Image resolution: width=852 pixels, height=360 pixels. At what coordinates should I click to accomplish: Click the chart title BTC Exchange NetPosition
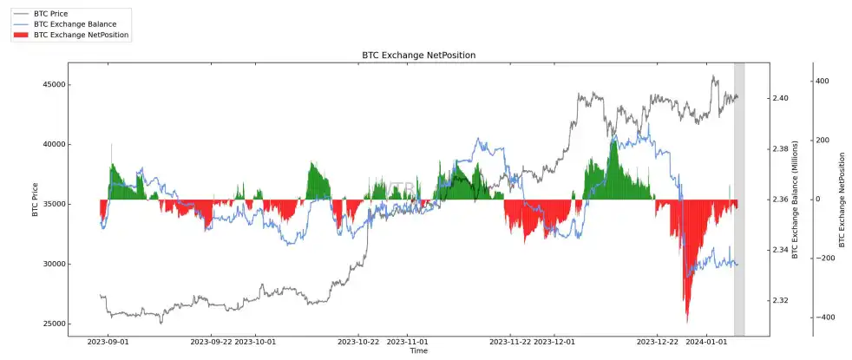(418, 56)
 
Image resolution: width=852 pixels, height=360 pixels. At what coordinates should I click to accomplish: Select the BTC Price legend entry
(50, 14)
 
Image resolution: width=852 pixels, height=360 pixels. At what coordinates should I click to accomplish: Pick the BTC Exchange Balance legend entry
(74, 24)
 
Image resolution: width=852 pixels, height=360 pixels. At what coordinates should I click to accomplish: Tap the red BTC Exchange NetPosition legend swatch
(21, 35)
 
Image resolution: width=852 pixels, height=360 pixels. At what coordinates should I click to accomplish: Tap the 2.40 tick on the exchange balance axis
(780, 98)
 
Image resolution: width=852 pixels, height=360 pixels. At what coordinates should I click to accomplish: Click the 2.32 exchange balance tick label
(780, 301)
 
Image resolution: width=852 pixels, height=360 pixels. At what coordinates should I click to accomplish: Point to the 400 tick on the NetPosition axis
(823, 81)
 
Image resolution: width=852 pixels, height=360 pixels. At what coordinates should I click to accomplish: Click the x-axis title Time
(418, 350)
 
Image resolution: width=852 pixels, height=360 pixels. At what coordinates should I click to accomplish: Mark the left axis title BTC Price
(36, 200)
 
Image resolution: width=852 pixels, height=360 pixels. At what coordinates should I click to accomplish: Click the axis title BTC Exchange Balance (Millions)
(795, 200)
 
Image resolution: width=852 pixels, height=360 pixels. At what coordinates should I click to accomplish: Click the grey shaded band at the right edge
(739, 200)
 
